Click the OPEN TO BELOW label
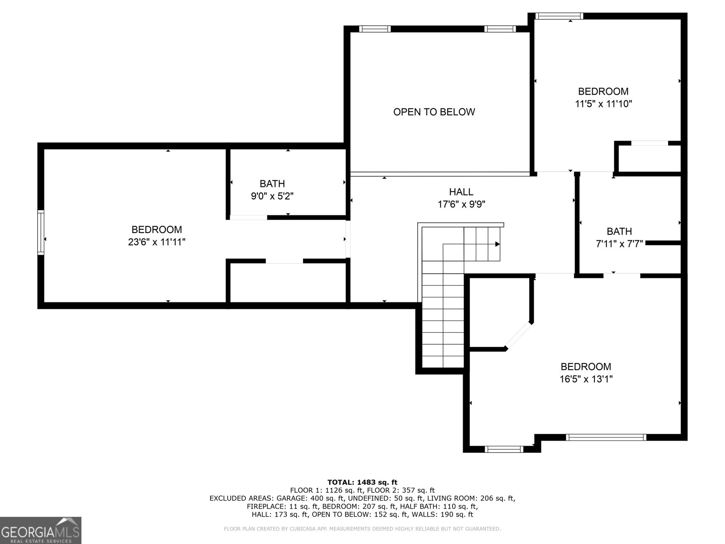tap(434, 112)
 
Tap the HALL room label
tap(461, 192)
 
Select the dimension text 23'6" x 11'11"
tap(157, 242)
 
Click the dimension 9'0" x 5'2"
tap(272, 196)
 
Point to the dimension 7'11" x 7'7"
tap(619, 244)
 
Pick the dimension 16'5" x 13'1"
tap(586, 379)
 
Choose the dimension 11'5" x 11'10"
tap(603, 104)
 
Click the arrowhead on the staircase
tap(497, 244)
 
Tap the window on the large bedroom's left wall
tap(41, 232)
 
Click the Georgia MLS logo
tap(41, 530)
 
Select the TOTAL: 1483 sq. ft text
tap(362, 482)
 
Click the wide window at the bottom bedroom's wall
tap(606, 437)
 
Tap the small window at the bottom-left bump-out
tap(504, 449)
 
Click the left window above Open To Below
tap(375, 29)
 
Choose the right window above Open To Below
tap(500, 29)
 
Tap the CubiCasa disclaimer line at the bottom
tap(362, 529)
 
